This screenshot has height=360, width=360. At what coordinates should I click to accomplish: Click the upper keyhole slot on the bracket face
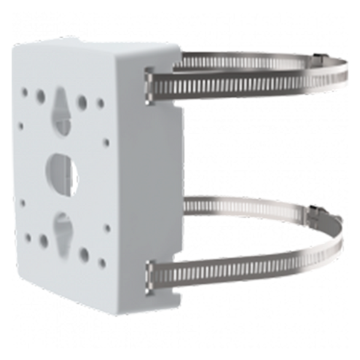[x=61, y=108]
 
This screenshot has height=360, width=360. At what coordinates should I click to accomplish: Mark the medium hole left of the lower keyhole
[x=43, y=241]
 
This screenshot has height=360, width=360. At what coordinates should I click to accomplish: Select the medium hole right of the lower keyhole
[x=84, y=254]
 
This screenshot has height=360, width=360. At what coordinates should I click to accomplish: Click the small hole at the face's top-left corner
[x=24, y=92]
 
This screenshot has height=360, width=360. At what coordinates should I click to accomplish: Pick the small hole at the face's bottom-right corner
[x=101, y=262]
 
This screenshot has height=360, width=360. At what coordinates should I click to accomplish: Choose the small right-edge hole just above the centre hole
[x=106, y=143]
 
